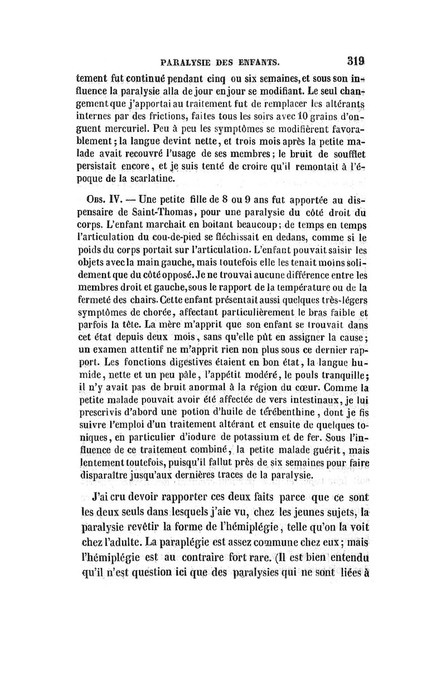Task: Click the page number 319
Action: point(355,60)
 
